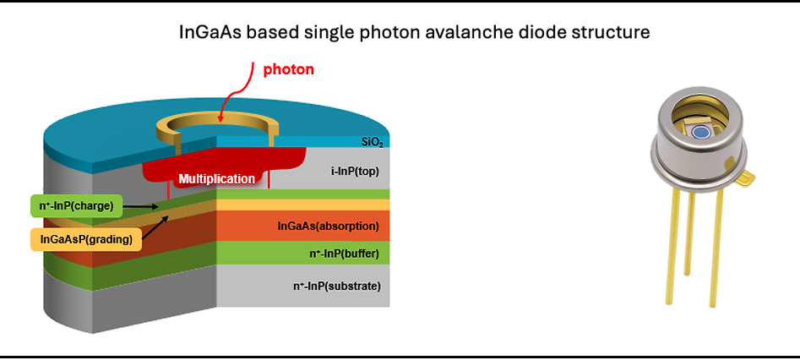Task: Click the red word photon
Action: click(x=288, y=69)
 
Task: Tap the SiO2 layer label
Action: click(x=373, y=143)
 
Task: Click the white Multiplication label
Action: click(x=216, y=178)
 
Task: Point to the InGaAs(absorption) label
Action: click(x=328, y=226)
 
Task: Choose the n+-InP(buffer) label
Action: click(x=344, y=254)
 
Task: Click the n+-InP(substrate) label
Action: click(x=337, y=286)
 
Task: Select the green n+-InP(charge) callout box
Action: click(x=77, y=206)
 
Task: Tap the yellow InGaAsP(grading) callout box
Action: click(x=85, y=238)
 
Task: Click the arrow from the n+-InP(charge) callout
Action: click(x=141, y=206)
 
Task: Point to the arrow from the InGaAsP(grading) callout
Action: click(x=155, y=226)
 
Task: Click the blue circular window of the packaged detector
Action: click(x=702, y=132)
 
